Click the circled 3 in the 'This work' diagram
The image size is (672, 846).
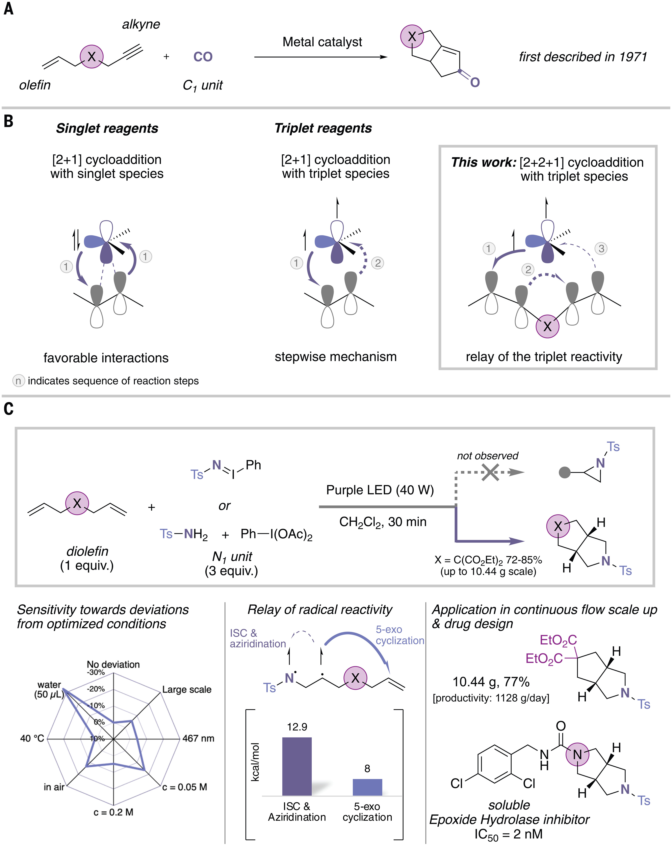(601, 248)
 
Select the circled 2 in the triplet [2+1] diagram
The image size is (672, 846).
(378, 263)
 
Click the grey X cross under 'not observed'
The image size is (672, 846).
(490, 472)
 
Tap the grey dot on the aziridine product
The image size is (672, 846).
(564, 472)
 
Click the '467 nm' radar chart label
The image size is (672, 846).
(198, 738)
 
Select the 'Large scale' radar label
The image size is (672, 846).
(187, 689)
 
